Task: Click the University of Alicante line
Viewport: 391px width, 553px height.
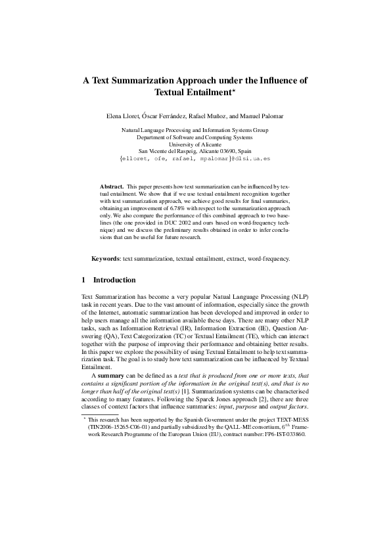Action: pos(195,144)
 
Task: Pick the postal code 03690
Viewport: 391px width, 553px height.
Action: pos(231,152)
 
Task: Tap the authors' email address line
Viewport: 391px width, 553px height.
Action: pos(195,160)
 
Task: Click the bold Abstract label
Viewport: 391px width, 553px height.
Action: pos(111,187)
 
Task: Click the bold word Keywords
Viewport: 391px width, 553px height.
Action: pos(106,258)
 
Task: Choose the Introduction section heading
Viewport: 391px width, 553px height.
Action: pos(114,280)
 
